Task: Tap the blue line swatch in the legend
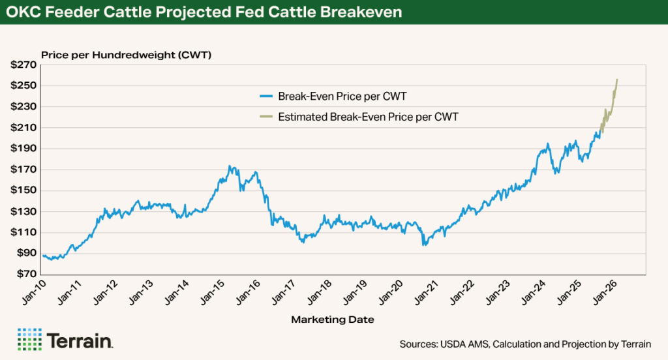click(266, 97)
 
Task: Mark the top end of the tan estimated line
click(617, 80)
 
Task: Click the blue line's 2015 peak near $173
click(230, 166)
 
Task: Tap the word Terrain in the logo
click(80, 340)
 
